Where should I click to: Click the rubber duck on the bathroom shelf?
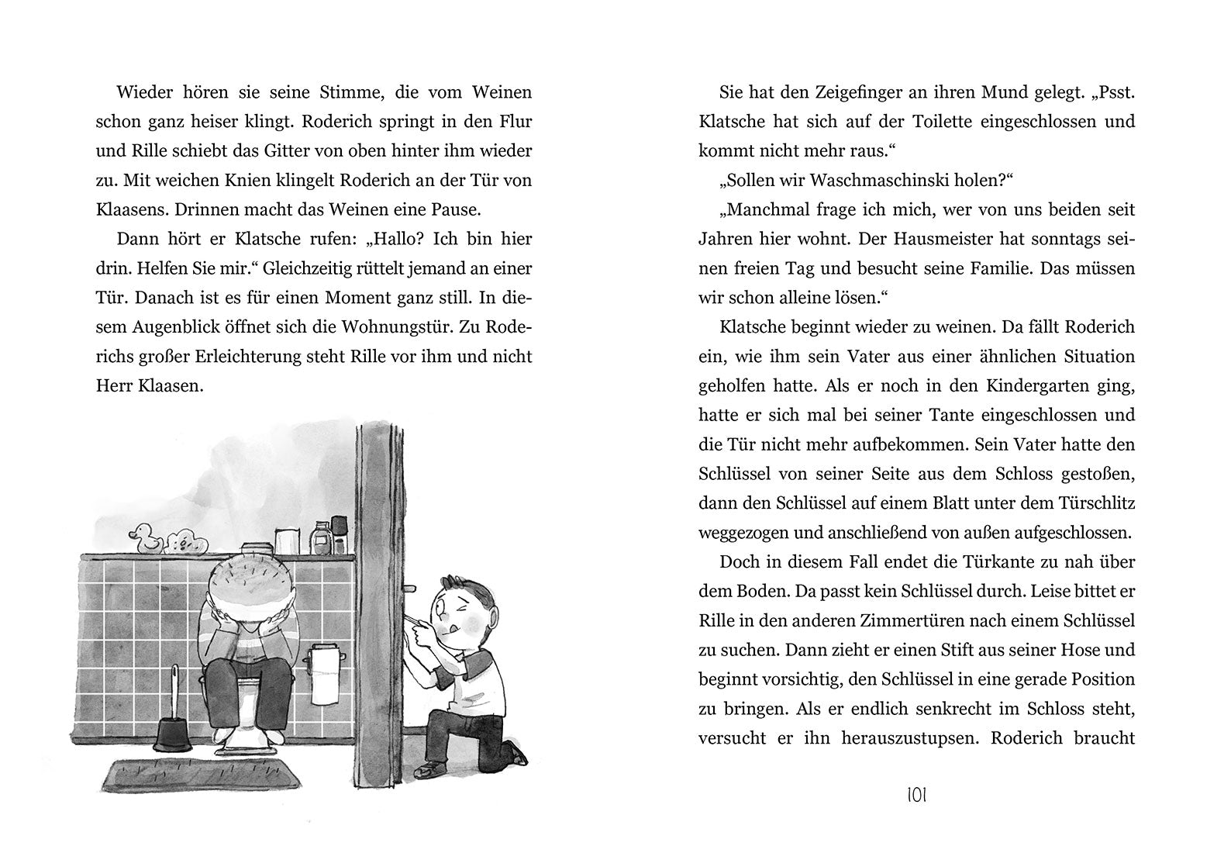pos(145,537)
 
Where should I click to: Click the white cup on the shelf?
pos(286,540)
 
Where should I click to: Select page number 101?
pos(916,795)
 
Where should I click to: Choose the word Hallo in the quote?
pos(392,239)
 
